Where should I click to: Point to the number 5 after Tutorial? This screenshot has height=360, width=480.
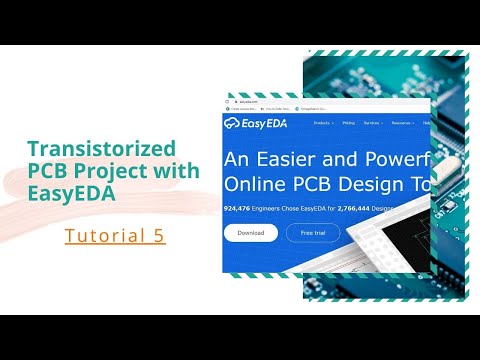pyautogui.click(x=159, y=236)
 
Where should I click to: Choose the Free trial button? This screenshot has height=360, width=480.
pyautogui.click(x=313, y=233)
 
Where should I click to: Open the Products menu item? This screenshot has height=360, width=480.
pyautogui.click(x=323, y=123)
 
